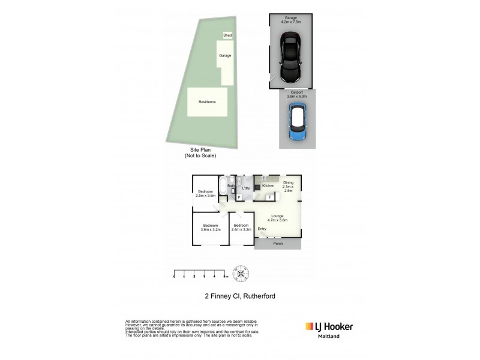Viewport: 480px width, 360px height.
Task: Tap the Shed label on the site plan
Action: pos(227,35)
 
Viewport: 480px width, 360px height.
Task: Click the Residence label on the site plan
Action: pos(206,102)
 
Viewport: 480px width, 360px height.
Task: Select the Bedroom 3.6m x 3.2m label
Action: pos(210,227)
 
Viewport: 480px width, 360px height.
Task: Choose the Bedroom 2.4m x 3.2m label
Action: pos(242,227)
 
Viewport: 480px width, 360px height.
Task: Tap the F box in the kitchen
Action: pos(271,197)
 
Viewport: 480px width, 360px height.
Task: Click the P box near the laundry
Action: pos(239,197)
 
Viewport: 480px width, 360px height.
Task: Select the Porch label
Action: pos(277,244)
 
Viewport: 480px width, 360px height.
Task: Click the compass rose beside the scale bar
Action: pos(241,274)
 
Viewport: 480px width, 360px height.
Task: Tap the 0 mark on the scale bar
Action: pos(174,277)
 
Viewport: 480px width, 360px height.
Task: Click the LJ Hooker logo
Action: pos(329,326)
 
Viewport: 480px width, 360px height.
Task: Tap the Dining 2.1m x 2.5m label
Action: pos(289,187)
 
